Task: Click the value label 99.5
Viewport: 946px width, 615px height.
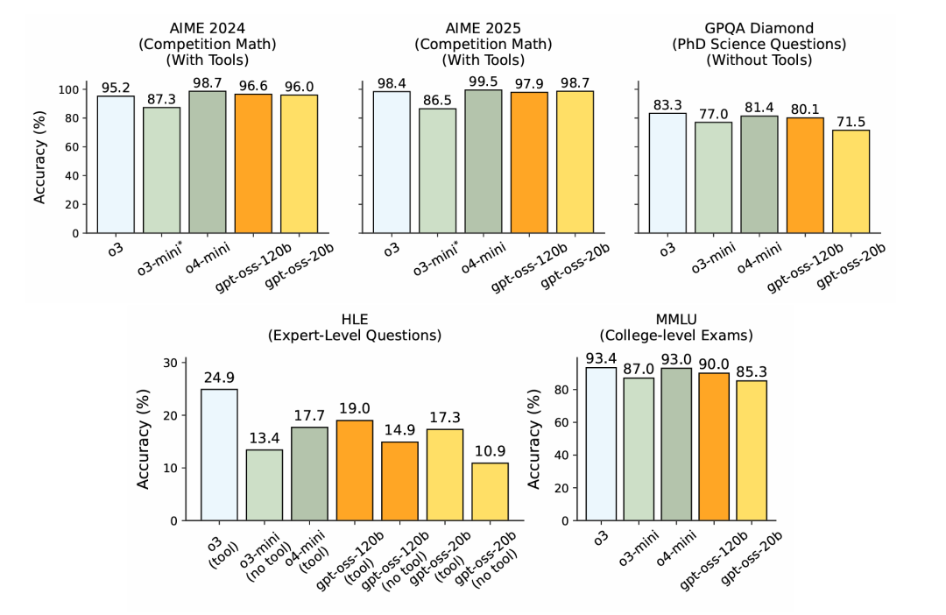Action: pyautogui.click(x=484, y=80)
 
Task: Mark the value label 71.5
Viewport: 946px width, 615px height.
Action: pyautogui.click(x=851, y=120)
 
